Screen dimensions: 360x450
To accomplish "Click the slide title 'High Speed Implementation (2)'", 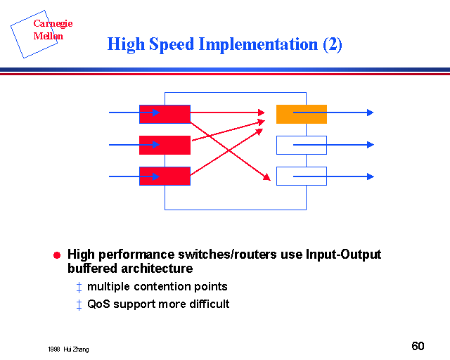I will pyautogui.click(x=224, y=44).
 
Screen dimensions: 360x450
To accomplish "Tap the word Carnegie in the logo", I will pyautogui.click(x=53, y=24).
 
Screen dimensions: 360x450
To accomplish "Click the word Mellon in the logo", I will pyautogui.click(x=49, y=36).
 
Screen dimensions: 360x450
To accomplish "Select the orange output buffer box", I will pyautogui.click(x=301, y=114).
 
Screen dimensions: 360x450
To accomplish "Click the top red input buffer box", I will pyautogui.click(x=165, y=114).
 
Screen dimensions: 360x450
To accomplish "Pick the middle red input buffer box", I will pyautogui.click(x=165, y=145).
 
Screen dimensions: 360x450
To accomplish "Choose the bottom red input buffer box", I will pyautogui.click(x=165, y=176).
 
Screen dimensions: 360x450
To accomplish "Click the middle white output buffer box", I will pyautogui.click(x=301, y=145).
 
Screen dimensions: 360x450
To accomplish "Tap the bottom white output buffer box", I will pyautogui.click(x=301, y=176).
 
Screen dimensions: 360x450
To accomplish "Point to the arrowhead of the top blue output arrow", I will pyautogui.click(x=370, y=112).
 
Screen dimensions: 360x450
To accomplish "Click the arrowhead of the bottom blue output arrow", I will pyautogui.click(x=370, y=176).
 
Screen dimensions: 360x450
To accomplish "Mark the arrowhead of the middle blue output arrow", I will pyautogui.click(x=370, y=145).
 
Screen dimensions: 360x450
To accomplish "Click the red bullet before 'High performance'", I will pyautogui.click(x=58, y=255).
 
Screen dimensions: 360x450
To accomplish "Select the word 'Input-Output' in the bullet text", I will pyautogui.click(x=343, y=255).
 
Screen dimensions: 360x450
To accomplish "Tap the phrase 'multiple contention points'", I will pyautogui.click(x=157, y=287).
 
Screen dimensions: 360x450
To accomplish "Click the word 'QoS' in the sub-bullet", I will pyautogui.click(x=98, y=304).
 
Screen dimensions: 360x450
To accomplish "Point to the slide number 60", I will pyautogui.click(x=418, y=346).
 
